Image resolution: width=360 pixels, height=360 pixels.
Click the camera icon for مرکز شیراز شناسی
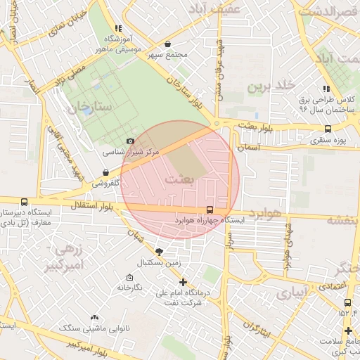[130, 141]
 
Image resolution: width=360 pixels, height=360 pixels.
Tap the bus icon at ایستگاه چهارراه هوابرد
[210, 210]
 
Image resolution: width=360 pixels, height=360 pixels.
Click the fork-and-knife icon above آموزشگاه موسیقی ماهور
[119, 29]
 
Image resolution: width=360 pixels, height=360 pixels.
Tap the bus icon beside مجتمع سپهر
[167, 44]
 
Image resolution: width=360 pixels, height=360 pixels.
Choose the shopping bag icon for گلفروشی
[105, 172]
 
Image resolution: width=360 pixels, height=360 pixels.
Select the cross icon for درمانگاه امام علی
[184, 281]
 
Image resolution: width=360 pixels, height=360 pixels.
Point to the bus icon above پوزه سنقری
[328, 129]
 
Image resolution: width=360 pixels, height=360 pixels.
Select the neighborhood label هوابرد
[264, 214]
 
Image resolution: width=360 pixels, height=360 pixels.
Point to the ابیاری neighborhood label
[291, 292]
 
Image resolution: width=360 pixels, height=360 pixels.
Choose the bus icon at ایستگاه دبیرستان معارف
[25, 201]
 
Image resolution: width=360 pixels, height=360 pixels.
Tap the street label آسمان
[250, 148]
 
